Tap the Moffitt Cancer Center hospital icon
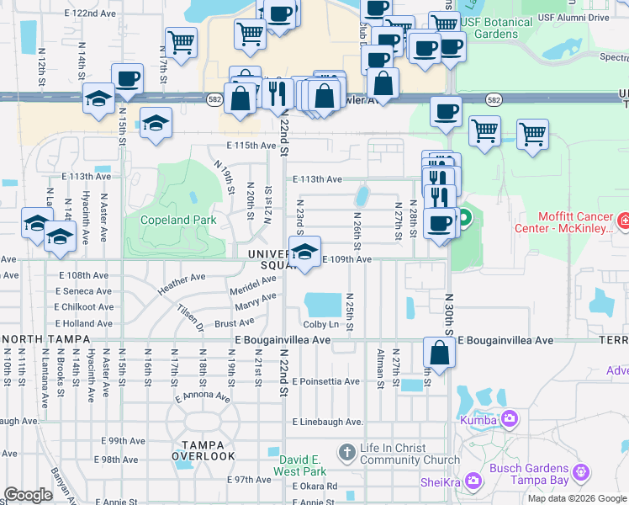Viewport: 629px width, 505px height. click(623, 222)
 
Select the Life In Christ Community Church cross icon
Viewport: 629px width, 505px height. click(346, 453)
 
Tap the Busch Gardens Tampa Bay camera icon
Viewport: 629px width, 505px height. click(580, 474)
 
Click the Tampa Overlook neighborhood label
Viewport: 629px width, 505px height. click(203, 450)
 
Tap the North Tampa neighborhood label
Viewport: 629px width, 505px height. click(37, 339)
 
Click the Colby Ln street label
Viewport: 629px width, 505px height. click(320, 324)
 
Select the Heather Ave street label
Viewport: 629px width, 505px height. click(182, 282)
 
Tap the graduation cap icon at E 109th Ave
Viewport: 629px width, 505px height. click(304, 251)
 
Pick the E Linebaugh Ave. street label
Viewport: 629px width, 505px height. click(328, 422)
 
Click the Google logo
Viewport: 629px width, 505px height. click(29, 496)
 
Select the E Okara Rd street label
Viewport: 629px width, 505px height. click(314, 486)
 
